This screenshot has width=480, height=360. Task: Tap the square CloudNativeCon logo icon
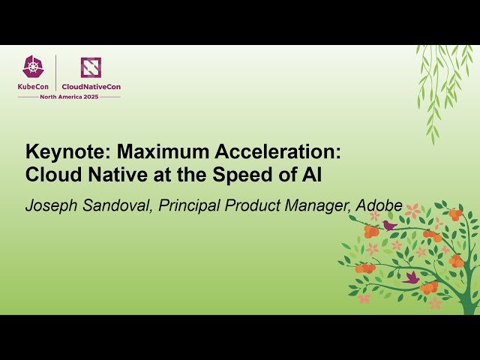91,67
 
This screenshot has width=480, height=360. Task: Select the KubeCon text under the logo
34,86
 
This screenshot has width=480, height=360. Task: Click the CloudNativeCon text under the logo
91,86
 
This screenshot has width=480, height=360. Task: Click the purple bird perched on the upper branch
389,225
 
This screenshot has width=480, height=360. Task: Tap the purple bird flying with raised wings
411,277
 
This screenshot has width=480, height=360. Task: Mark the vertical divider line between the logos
56,73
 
